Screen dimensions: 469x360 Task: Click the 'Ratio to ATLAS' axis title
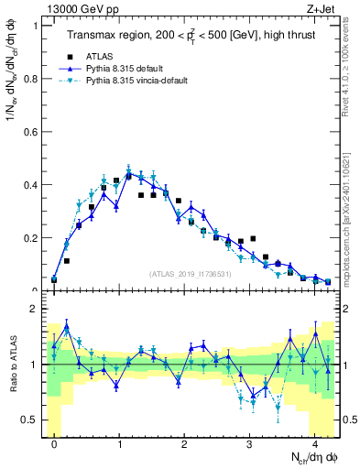pyautogui.click(x=12, y=366)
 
